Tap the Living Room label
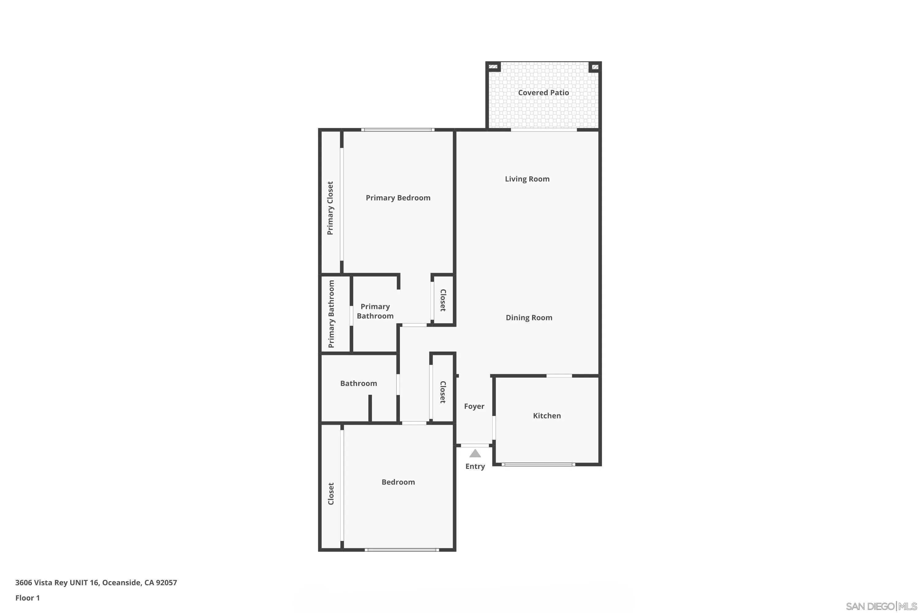tap(527, 179)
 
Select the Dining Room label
tap(529, 318)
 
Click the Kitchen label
tap(546, 416)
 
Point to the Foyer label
tap(474, 406)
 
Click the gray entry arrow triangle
tap(475, 454)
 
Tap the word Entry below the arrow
tap(475, 466)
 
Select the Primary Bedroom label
tap(398, 198)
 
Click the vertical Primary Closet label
tap(330, 208)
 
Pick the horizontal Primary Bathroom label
tap(375, 311)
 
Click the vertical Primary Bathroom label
tap(331, 314)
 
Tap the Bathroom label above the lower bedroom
tap(358, 383)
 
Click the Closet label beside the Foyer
tap(443, 392)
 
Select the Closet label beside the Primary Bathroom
tap(443, 300)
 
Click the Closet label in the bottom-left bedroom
tap(331, 494)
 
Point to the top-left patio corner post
tap(493, 67)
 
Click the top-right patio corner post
tap(595, 67)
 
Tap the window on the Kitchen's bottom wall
tap(538, 464)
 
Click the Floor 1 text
tap(27, 598)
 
